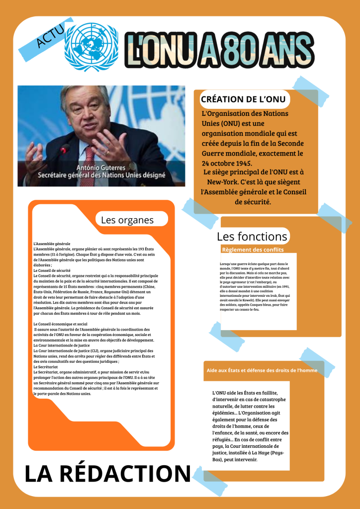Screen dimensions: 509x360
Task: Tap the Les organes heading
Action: click(127, 220)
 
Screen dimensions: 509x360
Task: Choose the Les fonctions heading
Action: click(252, 236)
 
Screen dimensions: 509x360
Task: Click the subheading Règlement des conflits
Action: click(253, 250)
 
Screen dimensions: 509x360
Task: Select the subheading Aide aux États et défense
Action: click(262, 370)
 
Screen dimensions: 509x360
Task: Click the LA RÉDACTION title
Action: click(107, 474)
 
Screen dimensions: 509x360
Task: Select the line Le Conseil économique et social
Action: click(60, 324)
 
